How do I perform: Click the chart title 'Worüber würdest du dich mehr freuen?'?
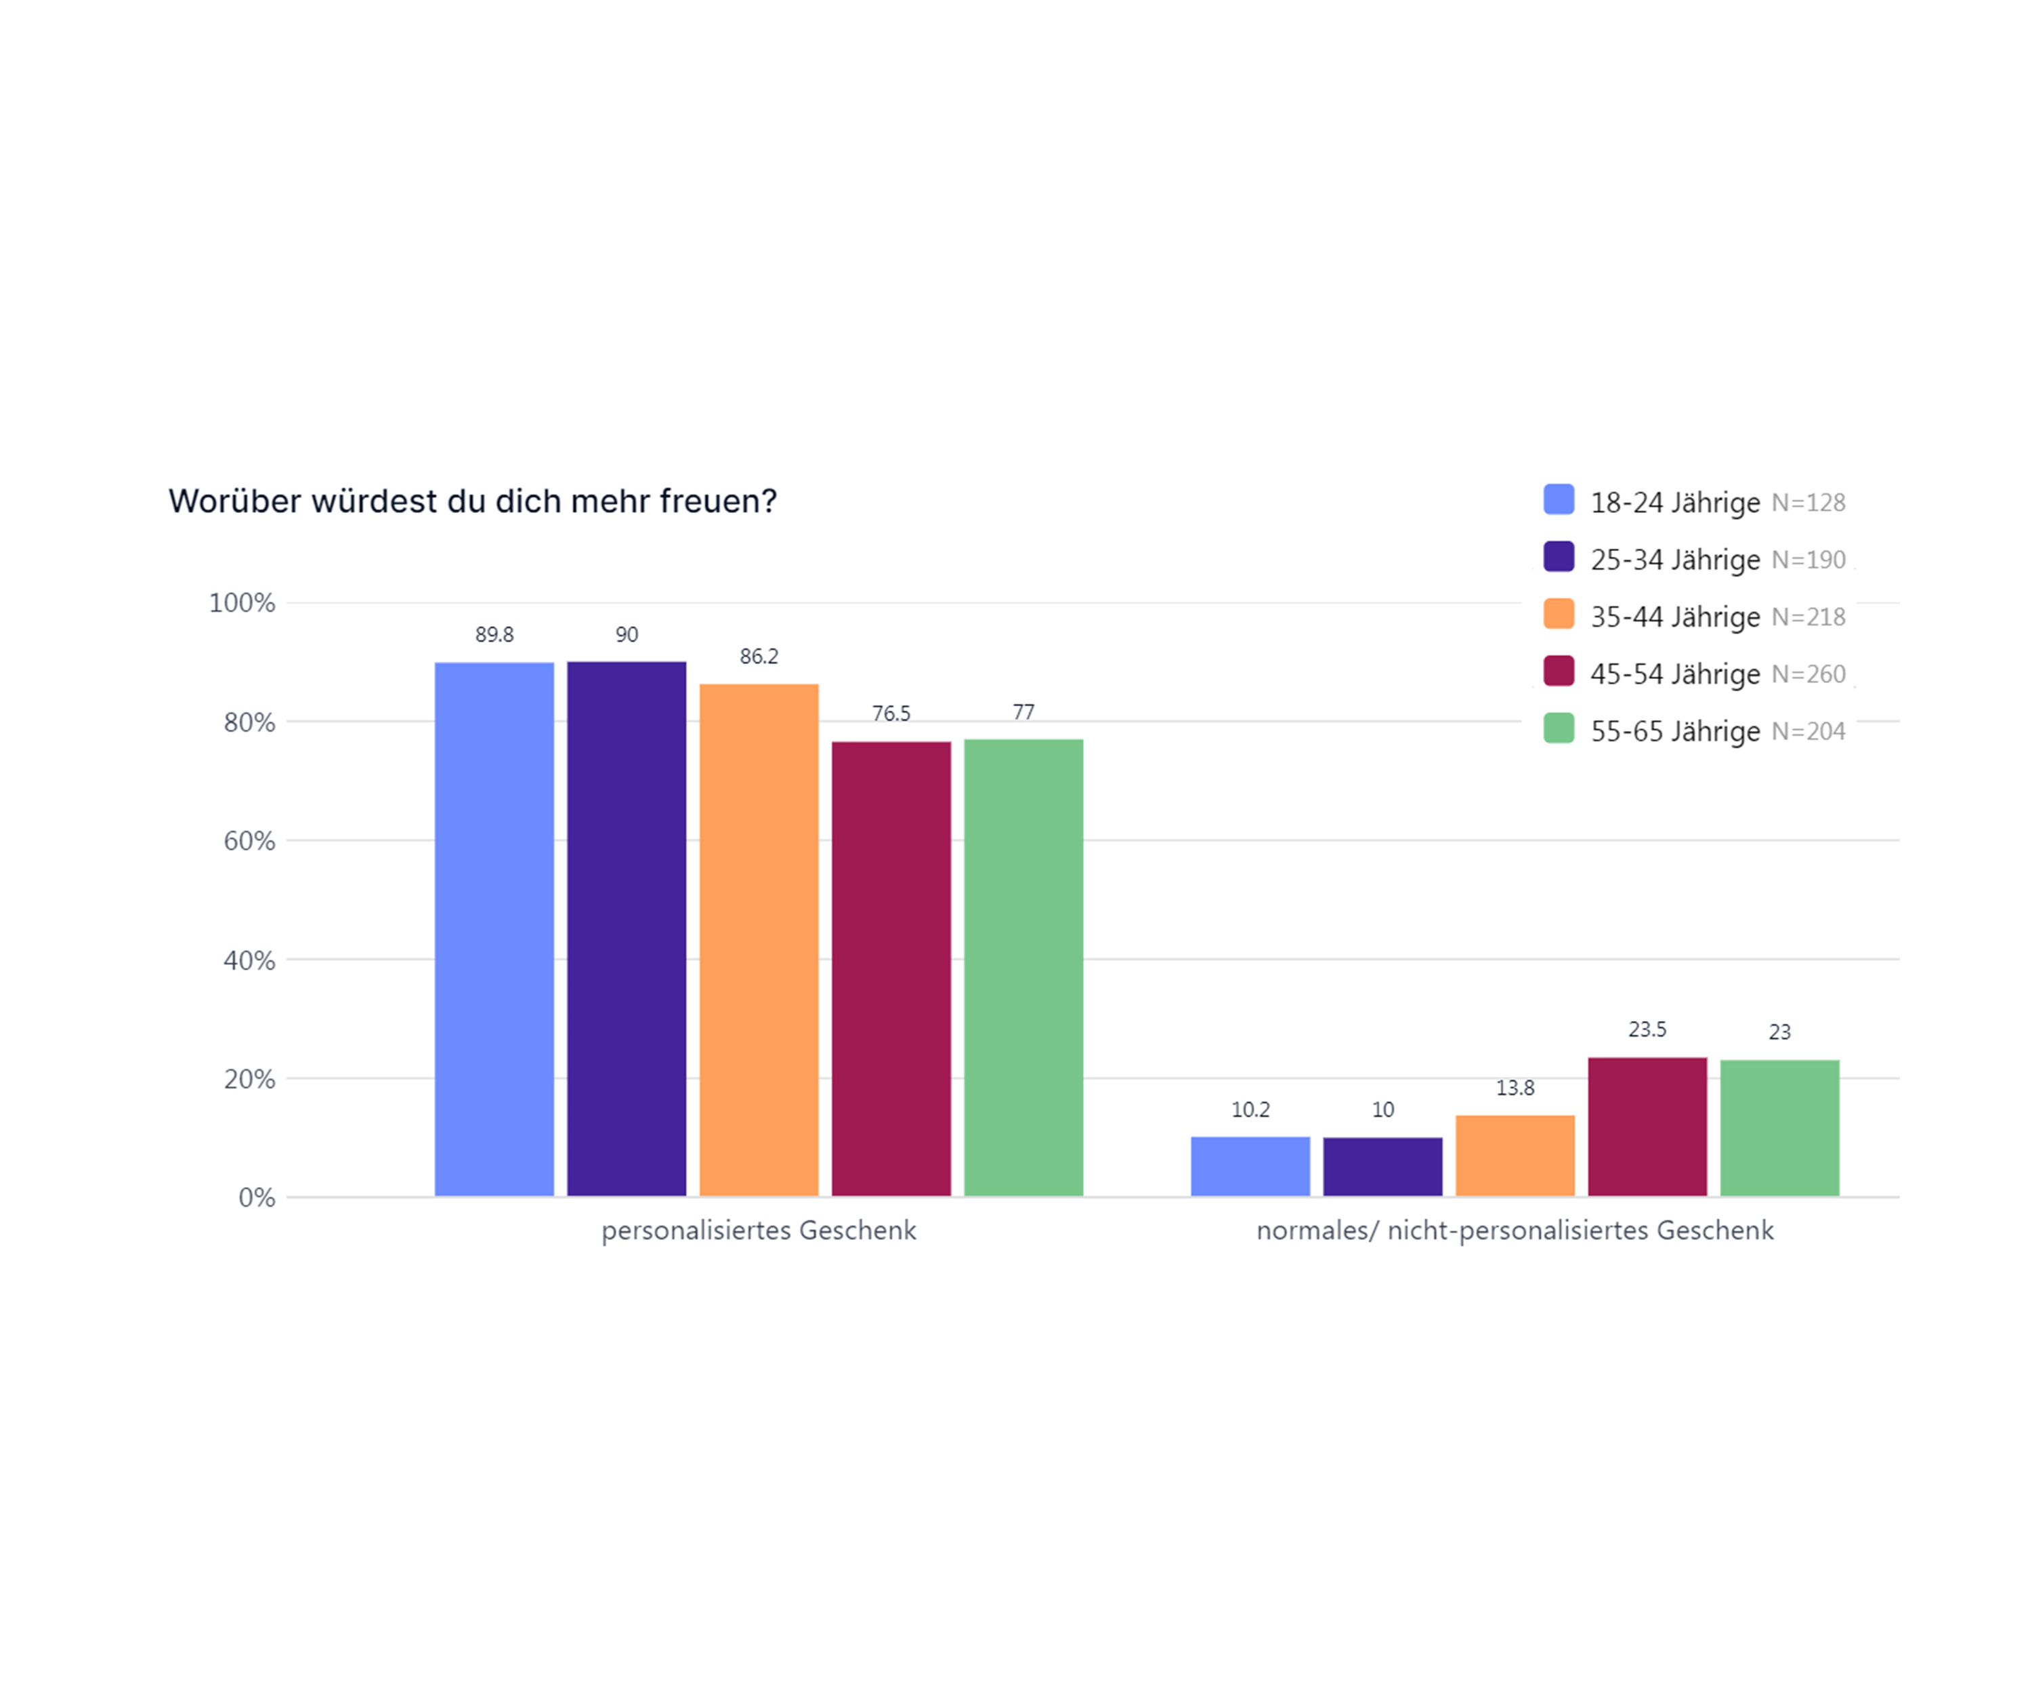click(x=472, y=501)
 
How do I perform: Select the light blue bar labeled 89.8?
click(x=494, y=929)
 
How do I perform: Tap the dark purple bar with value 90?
click(x=626, y=929)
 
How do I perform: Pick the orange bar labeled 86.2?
click(x=759, y=940)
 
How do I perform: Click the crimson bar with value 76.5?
click(x=891, y=969)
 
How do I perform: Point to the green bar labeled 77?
click(x=1023, y=968)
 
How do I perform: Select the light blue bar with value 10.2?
click(x=1250, y=1166)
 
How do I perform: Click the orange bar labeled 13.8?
click(x=1515, y=1156)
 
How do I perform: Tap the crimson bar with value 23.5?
click(x=1647, y=1127)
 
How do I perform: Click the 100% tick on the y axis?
click(x=242, y=603)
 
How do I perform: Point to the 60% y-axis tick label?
click(x=250, y=841)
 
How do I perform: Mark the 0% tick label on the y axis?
click(x=257, y=1199)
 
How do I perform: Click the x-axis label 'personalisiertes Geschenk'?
click(x=759, y=1231)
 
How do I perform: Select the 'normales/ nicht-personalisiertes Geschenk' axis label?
click(x=1515, y=1231)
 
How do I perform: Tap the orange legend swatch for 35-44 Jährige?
click(x=1559, y=615)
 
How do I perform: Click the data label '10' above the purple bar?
click(x=1382, y=1109)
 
